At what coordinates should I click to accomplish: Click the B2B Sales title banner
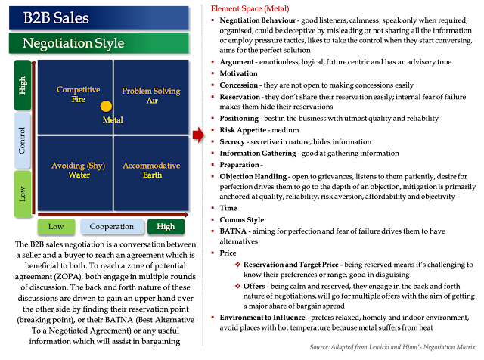pyautogui.click(x=98, y=17)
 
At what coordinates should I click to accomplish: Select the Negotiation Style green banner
pyautogui.click(x=98, y=43)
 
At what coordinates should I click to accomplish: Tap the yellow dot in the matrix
pyautogui.click(x=106, y=107)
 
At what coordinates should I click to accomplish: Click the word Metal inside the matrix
pyautogui.click(x=113, y=120)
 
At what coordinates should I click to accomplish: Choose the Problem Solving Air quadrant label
pyautogui.click(x=151, y=95)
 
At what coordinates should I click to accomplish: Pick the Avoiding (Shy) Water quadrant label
pyautogui.click(x=78, y=170)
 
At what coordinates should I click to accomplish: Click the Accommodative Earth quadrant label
pyautogui.click(x=151, y=170)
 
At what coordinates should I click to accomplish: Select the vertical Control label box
pyautogui.click(x=23, y=140)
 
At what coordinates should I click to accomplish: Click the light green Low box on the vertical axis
pyautogui.click(x=23, y=194)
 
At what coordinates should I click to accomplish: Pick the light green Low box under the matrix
pyautogui.click(x=56, y=226)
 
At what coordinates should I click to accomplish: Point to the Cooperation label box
pyautogui.click(x=111, y=226)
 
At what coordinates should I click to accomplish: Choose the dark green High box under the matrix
pyautogui.click(x=166, y=226)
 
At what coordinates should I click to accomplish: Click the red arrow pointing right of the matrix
pyautogui.click(x=197, y=135)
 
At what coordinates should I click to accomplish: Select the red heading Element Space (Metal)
pyautogui.click(x=250, y=9)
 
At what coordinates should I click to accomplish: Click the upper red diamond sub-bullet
pyautogui.click(x=238, y=264)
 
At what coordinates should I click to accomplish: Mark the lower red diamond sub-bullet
pyautogui.click(x=238, y=286)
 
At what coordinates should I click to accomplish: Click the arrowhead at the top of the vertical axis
pyautogui.click(x=34, y=64)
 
